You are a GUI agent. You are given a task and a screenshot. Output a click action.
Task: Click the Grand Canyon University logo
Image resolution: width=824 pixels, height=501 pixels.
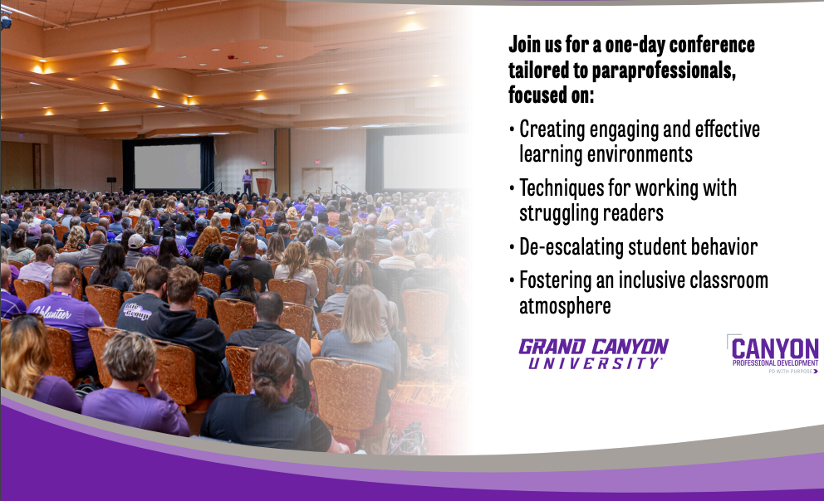pos(593,354)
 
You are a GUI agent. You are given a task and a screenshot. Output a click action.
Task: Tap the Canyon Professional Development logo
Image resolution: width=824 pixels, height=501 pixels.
pos(773,353)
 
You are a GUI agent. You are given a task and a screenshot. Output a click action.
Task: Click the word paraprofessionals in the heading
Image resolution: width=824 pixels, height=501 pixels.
pos(664,71)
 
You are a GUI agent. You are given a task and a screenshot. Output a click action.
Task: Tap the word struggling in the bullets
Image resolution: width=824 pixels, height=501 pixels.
pos(559,214)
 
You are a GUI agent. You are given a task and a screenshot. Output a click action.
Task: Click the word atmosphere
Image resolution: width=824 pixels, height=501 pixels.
pos(565,306)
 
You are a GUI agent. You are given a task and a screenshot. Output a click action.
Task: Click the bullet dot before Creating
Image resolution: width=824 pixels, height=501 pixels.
pos(512,129)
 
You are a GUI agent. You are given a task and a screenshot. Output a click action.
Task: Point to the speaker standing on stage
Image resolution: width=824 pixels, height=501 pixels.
pos(247,182)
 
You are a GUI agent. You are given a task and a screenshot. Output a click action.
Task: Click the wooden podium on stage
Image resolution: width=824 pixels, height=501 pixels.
pos(264,187)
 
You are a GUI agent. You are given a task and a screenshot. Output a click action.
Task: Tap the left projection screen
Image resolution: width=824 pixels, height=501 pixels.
pos(167,166)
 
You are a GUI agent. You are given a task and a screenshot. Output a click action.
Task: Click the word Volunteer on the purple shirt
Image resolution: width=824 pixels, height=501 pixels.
pos(51,313)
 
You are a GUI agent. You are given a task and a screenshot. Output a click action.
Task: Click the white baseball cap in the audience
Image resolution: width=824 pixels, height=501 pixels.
pos(135,241)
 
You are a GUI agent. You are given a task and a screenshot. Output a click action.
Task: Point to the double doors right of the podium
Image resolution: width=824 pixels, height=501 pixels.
pos(316,181)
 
